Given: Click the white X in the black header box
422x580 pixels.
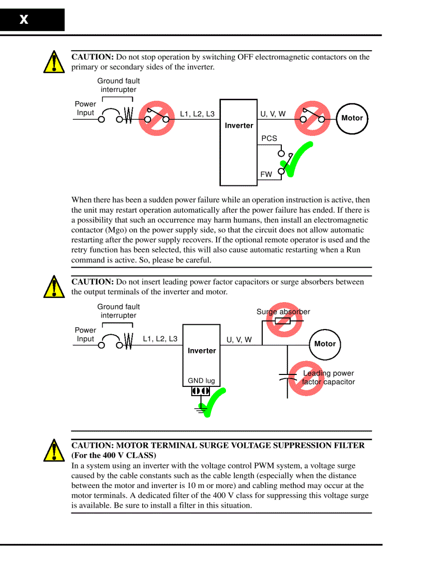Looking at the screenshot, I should pos(24,20).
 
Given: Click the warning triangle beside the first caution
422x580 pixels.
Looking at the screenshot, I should pos(53,62).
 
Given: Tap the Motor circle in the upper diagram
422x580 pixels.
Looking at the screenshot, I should pos(352,118).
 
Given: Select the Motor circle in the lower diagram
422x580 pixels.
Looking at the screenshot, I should pos(325,344).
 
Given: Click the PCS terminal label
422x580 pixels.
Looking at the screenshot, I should pos(269,138).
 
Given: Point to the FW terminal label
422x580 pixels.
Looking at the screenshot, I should pos(266,175).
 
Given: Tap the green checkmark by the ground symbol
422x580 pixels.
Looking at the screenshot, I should pos(213,402).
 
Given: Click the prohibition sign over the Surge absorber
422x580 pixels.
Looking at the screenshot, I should pos(283,320).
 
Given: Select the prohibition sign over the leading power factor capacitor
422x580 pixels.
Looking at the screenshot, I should pos(306,378).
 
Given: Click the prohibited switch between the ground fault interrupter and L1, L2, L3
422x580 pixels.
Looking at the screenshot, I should pos(156,118).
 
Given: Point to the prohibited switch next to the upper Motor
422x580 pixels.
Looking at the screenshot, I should pos(312,118).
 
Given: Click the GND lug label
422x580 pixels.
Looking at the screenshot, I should pos(201,381).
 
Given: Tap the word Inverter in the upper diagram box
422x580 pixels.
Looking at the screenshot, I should pos(239,126).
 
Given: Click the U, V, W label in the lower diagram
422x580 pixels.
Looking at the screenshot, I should pos(239,340).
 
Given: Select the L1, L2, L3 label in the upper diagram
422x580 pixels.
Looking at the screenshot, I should pos(197,114).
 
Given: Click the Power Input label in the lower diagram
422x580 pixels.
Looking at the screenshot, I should pos(85,334).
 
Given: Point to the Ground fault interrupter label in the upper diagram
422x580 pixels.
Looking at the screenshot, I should pos(118,85).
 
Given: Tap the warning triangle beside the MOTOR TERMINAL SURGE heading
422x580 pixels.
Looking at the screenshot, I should pos(53,450).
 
